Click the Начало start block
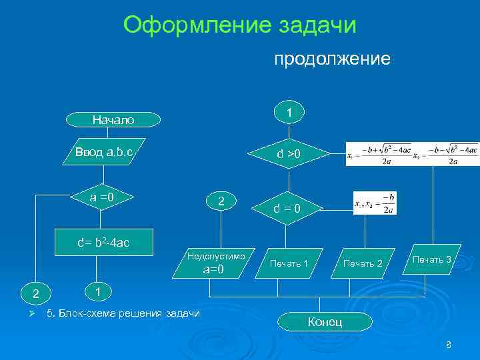[113, 120]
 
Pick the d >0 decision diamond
[289, 155]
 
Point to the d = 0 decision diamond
[289, 209]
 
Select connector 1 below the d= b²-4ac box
[97, 292]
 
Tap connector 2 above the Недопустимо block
[221, 201]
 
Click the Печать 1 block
[289, 264]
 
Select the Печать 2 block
[363, 264]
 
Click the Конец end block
[325, 322]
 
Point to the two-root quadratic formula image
[412, 153]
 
